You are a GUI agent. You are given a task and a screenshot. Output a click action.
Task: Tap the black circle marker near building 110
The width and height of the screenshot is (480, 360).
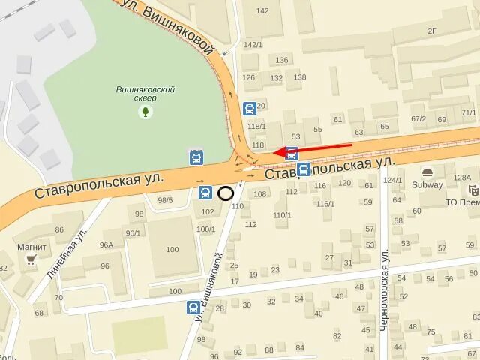(x=226, y=193)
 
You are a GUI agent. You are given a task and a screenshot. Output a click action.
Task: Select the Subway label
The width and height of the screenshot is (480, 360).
(x=427, y=184)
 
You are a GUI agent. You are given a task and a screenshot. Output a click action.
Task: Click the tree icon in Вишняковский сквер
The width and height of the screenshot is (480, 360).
(x=145, y=112)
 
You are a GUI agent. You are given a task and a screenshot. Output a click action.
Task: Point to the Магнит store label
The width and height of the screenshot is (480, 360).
(x=31, y=247)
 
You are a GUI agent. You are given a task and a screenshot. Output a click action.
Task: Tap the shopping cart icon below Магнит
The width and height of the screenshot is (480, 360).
(x=31, y=259)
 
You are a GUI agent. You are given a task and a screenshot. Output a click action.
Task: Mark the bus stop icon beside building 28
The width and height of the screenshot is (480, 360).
(x=193, y=307)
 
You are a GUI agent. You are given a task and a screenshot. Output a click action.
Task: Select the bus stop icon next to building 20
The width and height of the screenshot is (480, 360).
(x=249, y=107)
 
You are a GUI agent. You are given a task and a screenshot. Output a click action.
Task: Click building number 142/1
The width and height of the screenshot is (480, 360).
(x=253, y=45)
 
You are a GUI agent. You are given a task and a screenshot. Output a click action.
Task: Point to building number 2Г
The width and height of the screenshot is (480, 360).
(x=432, y=31)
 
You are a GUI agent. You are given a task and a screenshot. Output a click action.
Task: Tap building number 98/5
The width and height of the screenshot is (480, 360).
(x=165, y=200)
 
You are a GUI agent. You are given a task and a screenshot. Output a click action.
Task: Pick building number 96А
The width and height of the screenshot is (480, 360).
(x=106, y=244)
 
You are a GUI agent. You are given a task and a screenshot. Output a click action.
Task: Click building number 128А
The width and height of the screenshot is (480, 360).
(x=462, y=178)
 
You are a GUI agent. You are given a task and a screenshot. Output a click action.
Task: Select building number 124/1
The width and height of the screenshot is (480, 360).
(x=392, y=180)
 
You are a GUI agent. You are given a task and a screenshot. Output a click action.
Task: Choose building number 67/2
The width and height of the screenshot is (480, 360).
(x=418, y=118)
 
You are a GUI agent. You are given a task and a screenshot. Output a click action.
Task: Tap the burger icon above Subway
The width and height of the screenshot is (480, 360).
(x=427, y=172)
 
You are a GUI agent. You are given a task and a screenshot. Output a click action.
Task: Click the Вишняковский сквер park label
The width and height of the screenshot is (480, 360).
(x=145, y=93)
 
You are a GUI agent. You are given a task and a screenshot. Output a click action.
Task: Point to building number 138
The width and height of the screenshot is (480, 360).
(x=300, y=77)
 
